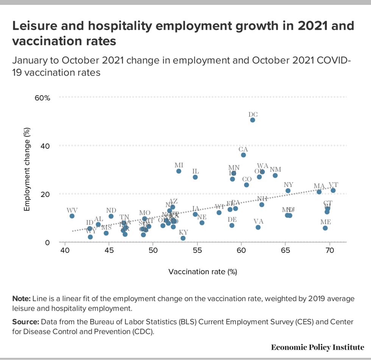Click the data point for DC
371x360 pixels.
tap(253, 120)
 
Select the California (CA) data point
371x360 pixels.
tap(243, 155)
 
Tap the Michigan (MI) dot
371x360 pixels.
tap(179, 171)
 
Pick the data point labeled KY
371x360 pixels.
tap(183, 238)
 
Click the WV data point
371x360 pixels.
tap(72, 216)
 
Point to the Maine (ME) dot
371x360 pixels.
tap(325, 228)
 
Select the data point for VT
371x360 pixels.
tap(333, 191)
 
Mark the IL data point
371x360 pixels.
tap(195, 177)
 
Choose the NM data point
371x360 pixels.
tap(275, 175)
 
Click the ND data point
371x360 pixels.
tap(111, 216)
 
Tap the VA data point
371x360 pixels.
tap(258, 227)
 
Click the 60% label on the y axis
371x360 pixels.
tap(42, 98)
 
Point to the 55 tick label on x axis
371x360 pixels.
tap(197, 250)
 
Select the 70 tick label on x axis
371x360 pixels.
tap(329, 250)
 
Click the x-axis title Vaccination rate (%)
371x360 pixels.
tap(203, 272)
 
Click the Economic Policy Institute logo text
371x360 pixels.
tap(318, 347)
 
